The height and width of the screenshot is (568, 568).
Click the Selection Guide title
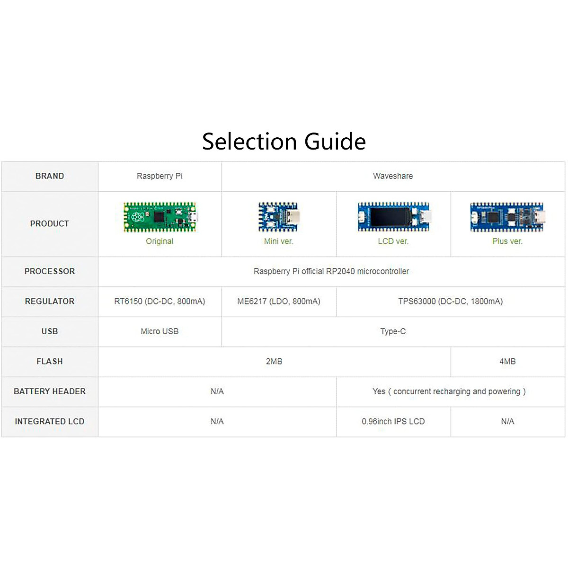(x=284, y=142)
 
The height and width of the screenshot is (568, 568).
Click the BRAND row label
(x=50, y=176)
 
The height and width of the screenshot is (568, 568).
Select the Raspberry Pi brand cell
(x=160, y=176)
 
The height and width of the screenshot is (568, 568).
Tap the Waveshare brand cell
(x=393, y=176)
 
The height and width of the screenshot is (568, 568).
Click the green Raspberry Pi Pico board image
(x=160, y=217)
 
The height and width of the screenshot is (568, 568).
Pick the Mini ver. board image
(x=278, y=217)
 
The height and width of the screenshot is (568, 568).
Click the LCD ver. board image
(x=393, y=217)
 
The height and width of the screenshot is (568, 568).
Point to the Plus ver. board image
(x=507, y=217)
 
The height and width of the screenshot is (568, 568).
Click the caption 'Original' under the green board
(x=160, y=241)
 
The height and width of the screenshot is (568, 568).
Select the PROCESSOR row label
(x=50, y=271)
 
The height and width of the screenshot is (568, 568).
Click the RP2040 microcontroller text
(x=331, y=271)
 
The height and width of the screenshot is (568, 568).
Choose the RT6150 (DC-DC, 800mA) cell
(x=160, y=302)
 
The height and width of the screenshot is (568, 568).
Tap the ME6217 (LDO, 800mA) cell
(x=279, y=302)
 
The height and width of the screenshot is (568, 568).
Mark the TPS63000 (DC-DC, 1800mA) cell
(x=450, y=302)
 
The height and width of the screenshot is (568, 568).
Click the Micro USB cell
(x=160, y=331)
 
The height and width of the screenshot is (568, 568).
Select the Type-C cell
(x=393, y=331)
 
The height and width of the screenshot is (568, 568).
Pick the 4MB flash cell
(x=507, y=362)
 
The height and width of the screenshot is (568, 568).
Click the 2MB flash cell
(x=274, y=362)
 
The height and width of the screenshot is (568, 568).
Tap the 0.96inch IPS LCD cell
(x=393, y=421)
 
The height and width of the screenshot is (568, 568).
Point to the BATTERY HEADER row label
(x=50, y=391)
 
